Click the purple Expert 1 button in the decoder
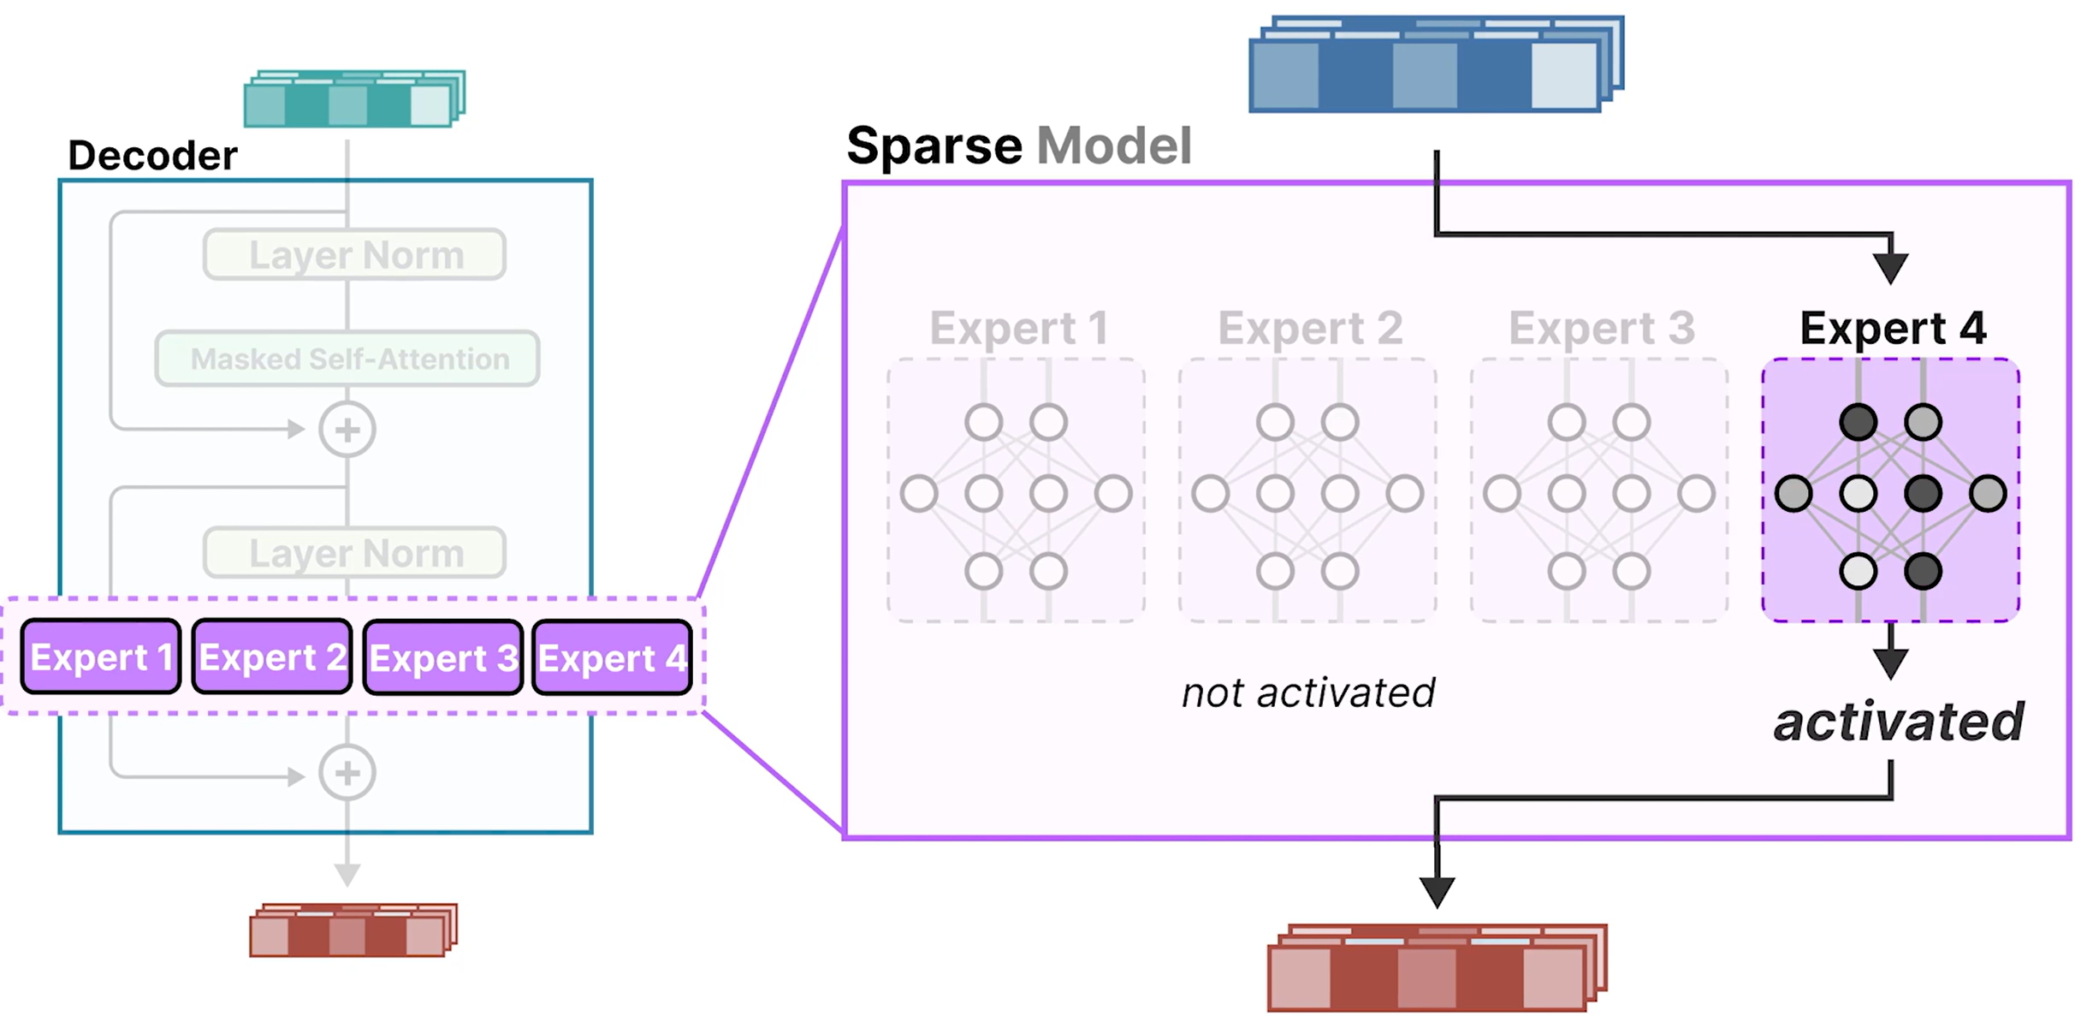click(x=101, y=657)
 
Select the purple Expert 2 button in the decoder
click(x=272, y=657)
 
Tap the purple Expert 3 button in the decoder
click(x=443, y=657)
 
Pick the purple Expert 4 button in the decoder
click(x=612, y=657)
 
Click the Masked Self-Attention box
click(x=347, y=359)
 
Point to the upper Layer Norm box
click(x=354, y=254)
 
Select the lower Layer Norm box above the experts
click(x=354, y=553)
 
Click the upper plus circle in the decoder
click(x=347, y=430)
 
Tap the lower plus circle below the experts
click(x=347, y=773)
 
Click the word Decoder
click(x=152, y=156)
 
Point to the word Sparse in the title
click(x=934, y=146)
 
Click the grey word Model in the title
click(x=1113, y=146)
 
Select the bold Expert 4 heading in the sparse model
click(x=1892, y=328)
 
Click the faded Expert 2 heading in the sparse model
click(x=1309, y=328)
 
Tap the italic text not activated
click(x=1307, y=692)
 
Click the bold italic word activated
click(x=1898, y=722)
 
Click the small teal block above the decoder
click(x=353, y=99)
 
